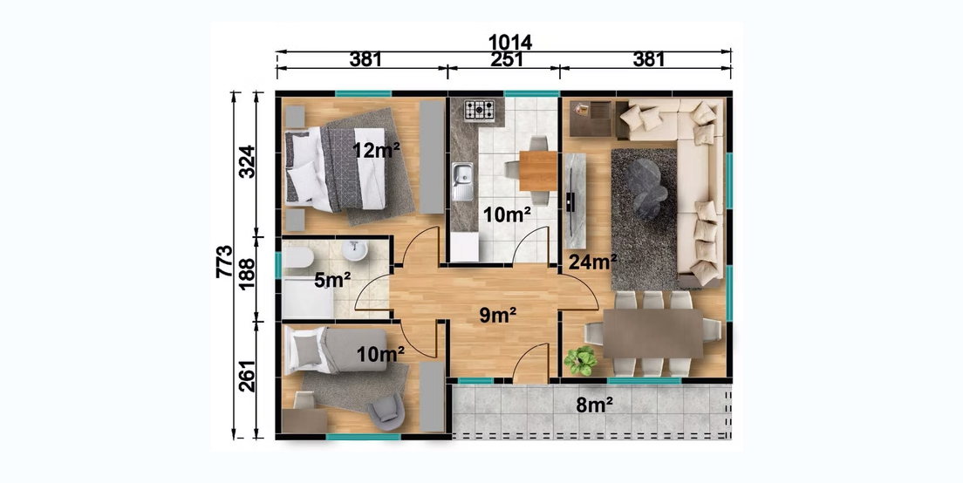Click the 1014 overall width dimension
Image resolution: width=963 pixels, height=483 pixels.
509,43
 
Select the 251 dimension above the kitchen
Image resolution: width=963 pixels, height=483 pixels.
508,59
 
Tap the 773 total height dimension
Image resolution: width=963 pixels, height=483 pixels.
225,262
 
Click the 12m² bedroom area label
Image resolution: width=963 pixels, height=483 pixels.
377,149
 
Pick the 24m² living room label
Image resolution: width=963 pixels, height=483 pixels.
592,262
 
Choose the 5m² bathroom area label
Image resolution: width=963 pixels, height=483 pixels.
332,280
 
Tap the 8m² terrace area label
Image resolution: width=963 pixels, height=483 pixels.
595,405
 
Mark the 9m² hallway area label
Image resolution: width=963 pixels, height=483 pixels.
498,315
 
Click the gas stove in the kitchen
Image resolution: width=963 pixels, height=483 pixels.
479,111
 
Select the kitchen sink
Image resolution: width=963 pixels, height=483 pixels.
462,181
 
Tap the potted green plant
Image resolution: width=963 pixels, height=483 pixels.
580,360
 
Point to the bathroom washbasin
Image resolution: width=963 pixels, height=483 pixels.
354,250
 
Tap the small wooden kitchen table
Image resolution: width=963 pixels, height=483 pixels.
538,171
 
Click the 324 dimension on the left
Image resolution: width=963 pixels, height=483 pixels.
247,161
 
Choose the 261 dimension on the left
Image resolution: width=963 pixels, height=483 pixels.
247,376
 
